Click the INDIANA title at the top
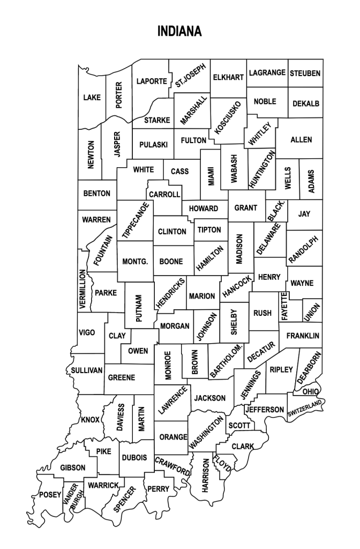pos(180,32)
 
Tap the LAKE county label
pos(92,98)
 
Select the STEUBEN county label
pos(305,73)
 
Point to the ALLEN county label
pos(301,140)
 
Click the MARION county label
pos(202,296)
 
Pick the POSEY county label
pos(50,495)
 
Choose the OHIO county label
pos(311,392)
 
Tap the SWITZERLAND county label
pos(304,409)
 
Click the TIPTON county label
pos(209,229)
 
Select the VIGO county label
pos(87,332)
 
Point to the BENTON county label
pos(97,192)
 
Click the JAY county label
pos(304,213)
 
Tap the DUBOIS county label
pos(134,457)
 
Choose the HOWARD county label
pos(204,208)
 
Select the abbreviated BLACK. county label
pos(275,211)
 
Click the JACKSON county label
pos(209,398)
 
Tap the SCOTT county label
pos(239,425)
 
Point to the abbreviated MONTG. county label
pos(135,262)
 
